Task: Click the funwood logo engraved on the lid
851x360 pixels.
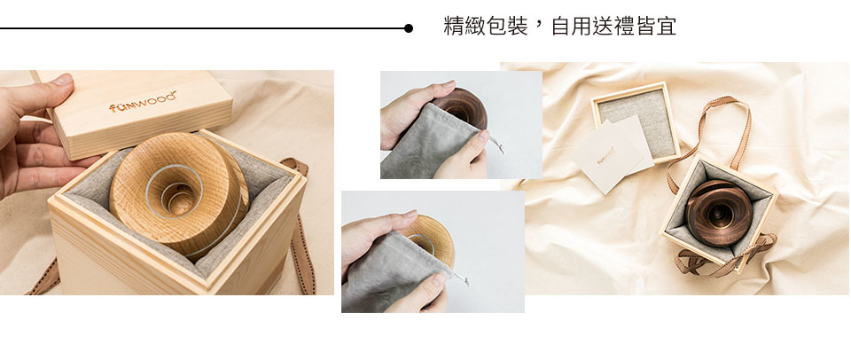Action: tap(143, 102)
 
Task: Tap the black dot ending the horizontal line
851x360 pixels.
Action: tap(408, 28)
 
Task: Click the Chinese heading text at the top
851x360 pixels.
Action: tap(560, 26)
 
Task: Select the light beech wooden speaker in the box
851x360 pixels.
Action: tap(179, 192)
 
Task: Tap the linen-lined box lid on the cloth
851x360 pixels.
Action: tap(636, 121)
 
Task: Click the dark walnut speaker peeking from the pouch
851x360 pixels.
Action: tap(460, 107)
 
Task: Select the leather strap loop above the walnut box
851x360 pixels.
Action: tap(712, 136)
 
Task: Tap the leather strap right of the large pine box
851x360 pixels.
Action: tap(301, 227)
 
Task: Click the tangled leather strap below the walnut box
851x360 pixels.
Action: tap(724, 255)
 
